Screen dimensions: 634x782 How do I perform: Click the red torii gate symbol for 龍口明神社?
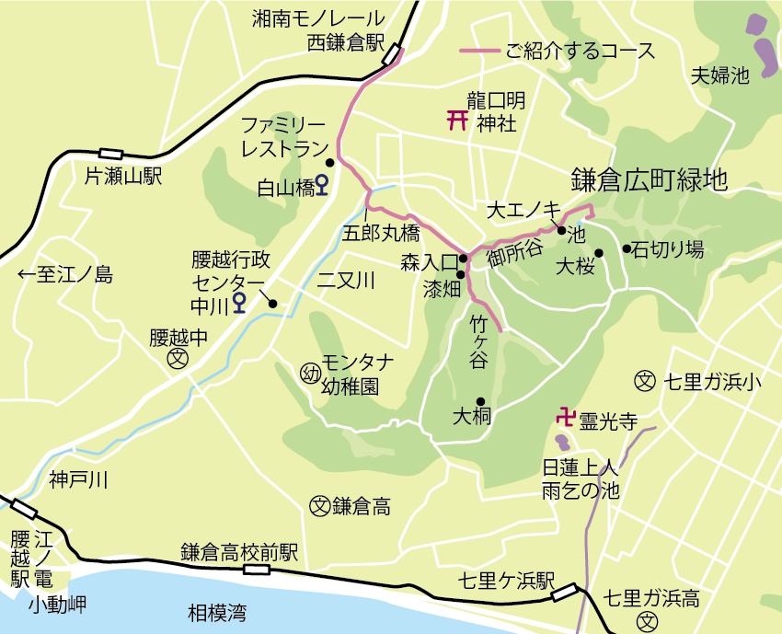[456, 121]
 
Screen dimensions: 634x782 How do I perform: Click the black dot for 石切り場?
[627, 248]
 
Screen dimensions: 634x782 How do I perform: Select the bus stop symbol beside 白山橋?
[321, 185]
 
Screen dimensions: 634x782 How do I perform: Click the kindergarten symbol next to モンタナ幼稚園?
[309, 373]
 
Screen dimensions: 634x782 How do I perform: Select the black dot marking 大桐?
[480, 401]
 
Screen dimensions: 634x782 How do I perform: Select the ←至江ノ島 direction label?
[64, 274]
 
